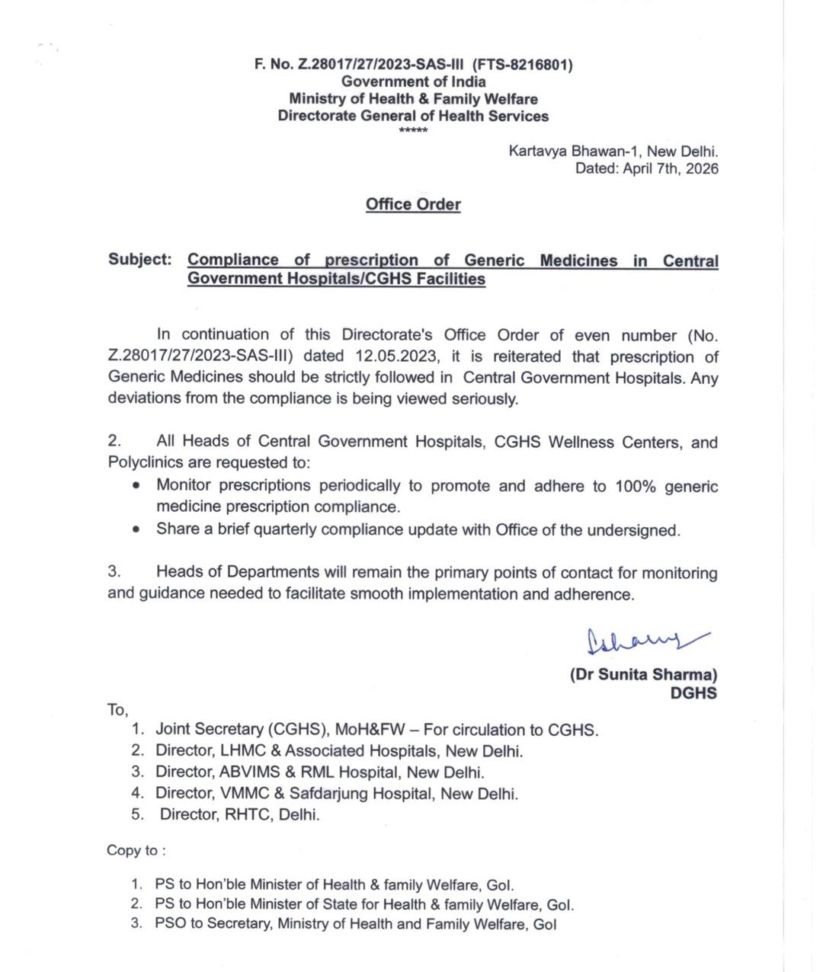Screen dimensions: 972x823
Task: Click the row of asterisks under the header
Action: [x=413, y=131]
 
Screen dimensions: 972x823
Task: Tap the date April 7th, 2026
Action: [x=671, y=169]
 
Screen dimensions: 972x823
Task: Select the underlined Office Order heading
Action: [x=413, y=204]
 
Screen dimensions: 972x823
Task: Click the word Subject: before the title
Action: [x=140, y=259]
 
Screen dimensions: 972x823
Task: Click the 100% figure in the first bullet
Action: [x=636, y=486]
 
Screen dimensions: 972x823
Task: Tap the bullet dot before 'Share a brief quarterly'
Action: [x=136, y=529]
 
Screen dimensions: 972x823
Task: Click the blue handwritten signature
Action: [x=644, y=641]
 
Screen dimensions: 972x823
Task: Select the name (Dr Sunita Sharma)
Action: [x=644, y=674]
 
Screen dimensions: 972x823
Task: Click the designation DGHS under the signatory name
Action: [x=693, y=693]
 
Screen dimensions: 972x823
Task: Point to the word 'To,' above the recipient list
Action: [x=117, y=710]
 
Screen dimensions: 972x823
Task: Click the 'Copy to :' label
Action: [x=136, y=851]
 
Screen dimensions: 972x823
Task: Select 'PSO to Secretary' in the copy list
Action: [x=212, y=925]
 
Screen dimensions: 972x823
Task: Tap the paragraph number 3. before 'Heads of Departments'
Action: [x=114, y=572]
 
